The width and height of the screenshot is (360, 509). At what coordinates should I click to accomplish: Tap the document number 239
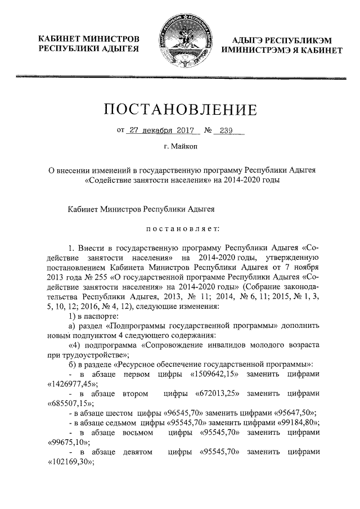[x=226, y=130]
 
